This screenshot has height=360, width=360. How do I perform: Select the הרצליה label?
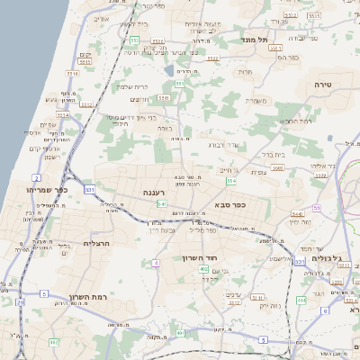[x=96, y=244]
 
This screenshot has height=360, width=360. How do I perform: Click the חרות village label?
[x=244, y=71]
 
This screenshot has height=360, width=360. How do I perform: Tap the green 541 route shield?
[x=159, y=204]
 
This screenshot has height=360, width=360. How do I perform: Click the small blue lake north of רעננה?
[x=168, y=70]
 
